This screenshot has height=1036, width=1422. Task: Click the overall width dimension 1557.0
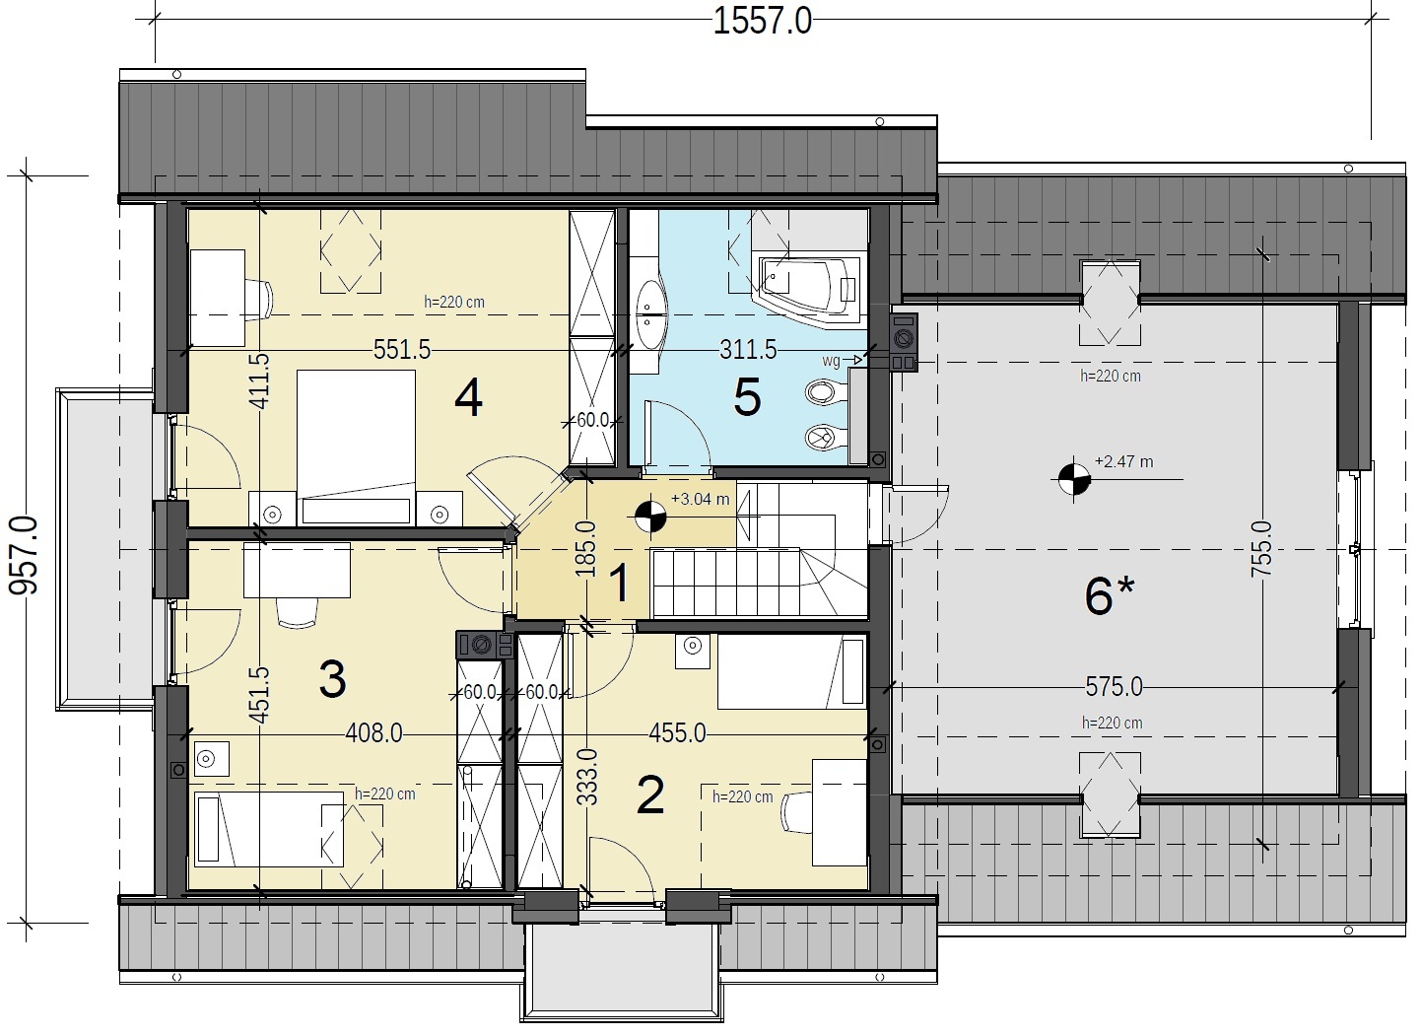[x=763, y=22]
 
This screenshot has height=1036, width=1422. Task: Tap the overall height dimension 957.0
[x=24, y=556]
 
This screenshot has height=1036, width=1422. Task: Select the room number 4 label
[x=468, y=398]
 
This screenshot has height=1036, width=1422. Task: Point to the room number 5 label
[x=747, y=398]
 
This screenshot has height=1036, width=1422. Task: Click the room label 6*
[x=1110, y=595]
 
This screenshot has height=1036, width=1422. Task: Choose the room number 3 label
[x=333, y=679]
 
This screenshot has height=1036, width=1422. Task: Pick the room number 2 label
[x=650, y=794]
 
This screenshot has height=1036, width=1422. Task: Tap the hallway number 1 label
[x=619, y=584]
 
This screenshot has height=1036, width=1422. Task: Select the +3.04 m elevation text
[x=701, y=499]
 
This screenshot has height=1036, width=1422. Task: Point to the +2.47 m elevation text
[x=1124, y=461]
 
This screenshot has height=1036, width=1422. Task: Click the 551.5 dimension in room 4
[x=402, y=350]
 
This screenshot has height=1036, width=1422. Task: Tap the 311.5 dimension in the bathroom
[x=748, y=350]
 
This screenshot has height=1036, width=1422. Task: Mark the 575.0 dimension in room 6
[x=1115, y=687]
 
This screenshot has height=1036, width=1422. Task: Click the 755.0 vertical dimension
[x=1261, y=549]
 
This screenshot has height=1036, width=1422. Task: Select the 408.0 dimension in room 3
[x=373, y=733]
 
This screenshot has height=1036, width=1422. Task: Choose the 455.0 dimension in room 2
[x=677, y=733]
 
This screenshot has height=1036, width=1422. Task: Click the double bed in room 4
[x=356, y=448]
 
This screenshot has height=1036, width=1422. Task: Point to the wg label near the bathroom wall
[x=831, y=361]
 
